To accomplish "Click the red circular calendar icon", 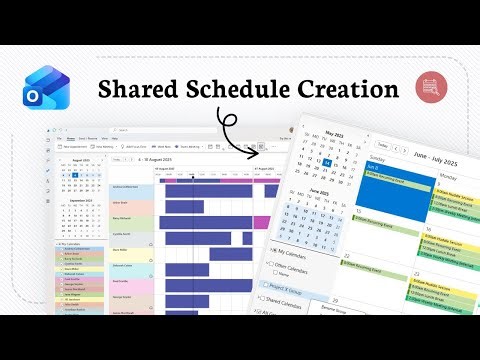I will coord(430,88).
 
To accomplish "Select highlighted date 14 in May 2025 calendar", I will coord(327,162).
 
